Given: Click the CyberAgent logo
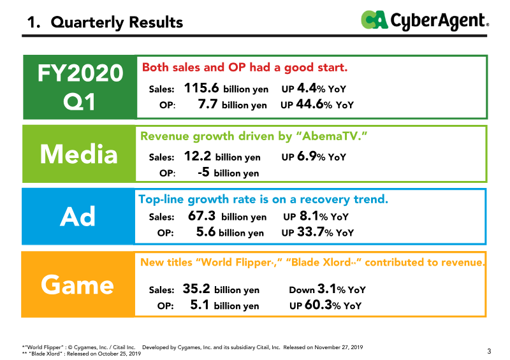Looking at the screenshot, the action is pos(425,20).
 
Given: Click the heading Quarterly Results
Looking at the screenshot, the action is pos(117,22).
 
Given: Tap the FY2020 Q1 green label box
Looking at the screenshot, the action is pos(80,87).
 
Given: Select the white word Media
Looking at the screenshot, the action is pos(78,154).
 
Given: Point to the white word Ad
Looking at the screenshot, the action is pos(77,217).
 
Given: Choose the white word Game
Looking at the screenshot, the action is pos(77,285).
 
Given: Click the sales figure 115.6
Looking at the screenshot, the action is pos(201,88).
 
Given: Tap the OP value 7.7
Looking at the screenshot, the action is pos(208,104).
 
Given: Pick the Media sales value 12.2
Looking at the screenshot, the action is pos(198,156).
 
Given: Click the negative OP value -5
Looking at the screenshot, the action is pos(203,172).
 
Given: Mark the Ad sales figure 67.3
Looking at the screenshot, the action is pos(201,216).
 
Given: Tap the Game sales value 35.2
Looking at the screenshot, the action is pos(196,289).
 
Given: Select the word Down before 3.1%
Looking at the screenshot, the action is pos(302,290).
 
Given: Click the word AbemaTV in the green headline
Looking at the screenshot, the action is pos(331,136).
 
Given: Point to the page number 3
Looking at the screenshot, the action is pos(489,351).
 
